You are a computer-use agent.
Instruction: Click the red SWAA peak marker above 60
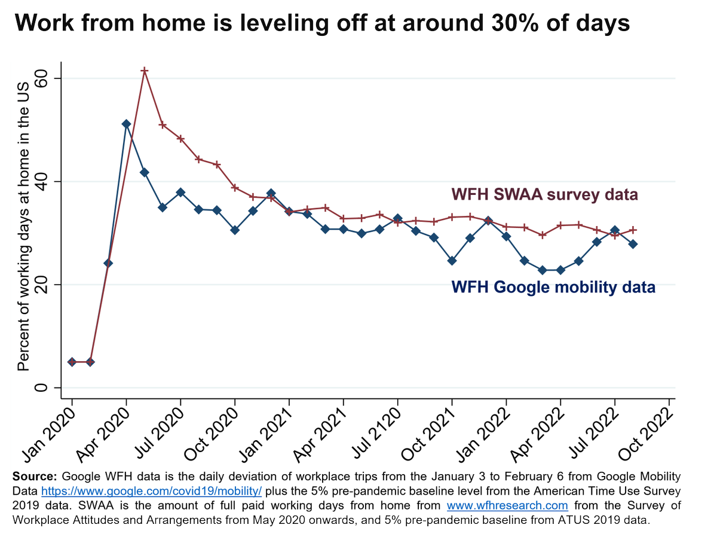point(145,71)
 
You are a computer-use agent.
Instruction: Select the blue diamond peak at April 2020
point(126,124)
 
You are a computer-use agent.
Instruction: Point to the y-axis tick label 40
point(41,182)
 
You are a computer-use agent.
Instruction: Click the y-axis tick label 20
point(41,285)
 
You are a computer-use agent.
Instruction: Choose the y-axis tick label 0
point(41,387)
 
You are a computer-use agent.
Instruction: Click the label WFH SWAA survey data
point(545,195)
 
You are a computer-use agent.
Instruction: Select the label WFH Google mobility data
point(553,287)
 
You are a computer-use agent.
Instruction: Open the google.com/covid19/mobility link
point(152,490)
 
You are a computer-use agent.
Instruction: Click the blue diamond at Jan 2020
point(72,362)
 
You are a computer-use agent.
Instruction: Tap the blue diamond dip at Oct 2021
point(452,261)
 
